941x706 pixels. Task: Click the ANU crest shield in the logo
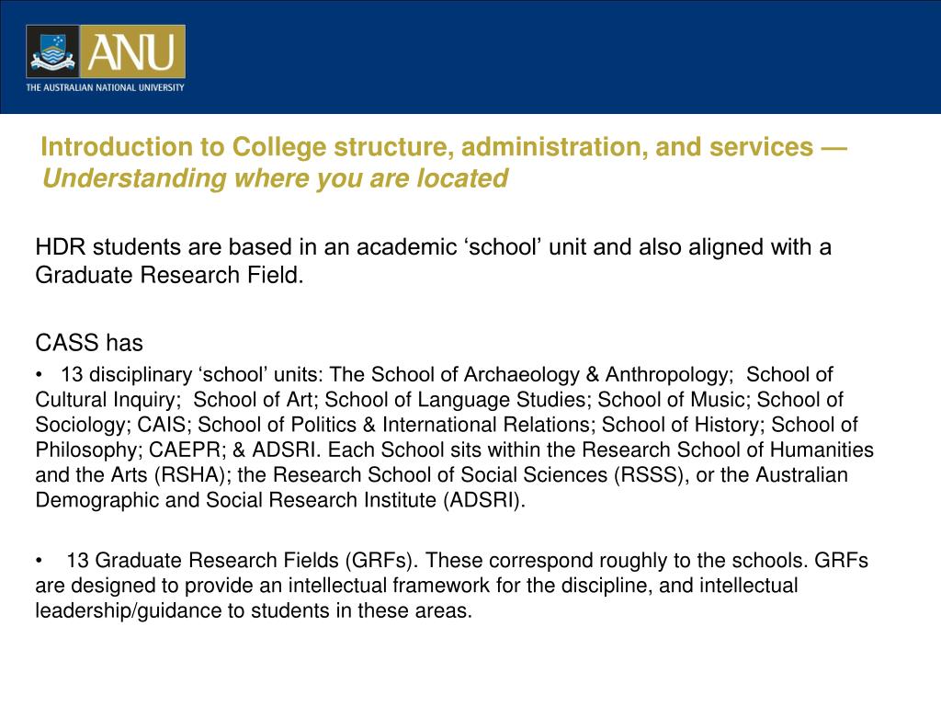coord(52,51)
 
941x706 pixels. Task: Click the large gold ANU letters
coord(131,51)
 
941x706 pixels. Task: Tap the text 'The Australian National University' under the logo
coord(105,88)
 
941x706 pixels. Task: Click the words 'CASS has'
coord(89,343)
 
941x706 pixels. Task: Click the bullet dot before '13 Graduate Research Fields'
coord(40,561)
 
